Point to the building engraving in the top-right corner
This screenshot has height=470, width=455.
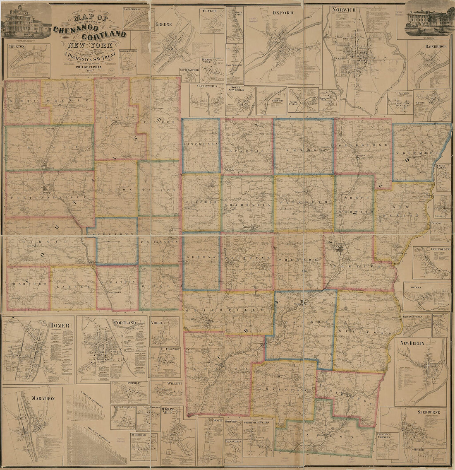(429, 20)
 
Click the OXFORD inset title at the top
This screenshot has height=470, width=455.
(283, 13)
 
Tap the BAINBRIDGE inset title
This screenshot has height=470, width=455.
(435, 47)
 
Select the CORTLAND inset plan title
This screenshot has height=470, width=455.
(125, 323)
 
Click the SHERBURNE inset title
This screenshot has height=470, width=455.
(431, 412)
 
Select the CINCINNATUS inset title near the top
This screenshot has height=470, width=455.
(207, 87)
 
